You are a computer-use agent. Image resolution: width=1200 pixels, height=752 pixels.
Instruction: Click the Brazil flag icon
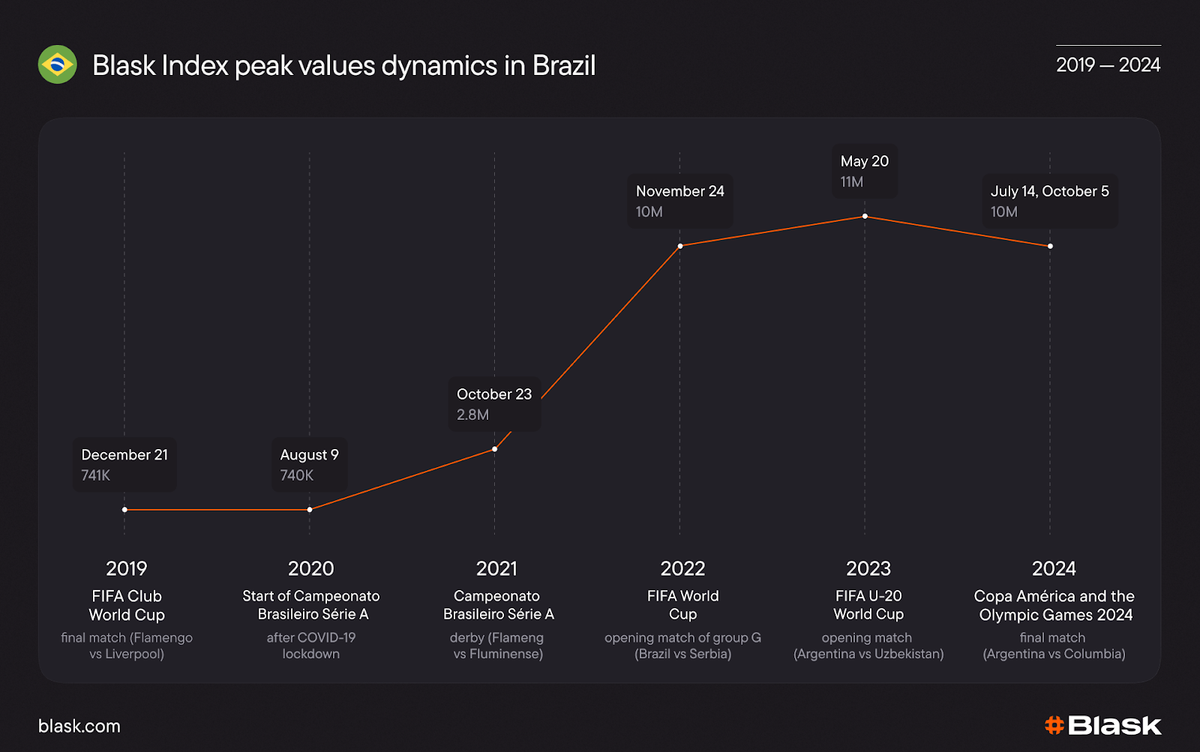(x=58, y=64)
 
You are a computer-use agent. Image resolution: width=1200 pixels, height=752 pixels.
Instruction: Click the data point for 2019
(x=124, y=510)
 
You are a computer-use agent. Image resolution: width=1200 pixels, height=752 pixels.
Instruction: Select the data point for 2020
(x=310, y=510)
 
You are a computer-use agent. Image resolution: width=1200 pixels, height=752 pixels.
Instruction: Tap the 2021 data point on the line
(x=495, y=449)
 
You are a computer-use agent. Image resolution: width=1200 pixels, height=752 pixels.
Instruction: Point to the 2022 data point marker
(x=680, y=246)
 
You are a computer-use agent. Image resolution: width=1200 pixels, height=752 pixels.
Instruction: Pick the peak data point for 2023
(x=865, y=216)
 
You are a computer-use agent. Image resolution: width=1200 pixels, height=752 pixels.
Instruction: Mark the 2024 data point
(x=1050, y=246)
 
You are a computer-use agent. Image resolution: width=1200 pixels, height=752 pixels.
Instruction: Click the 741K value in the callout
(x=96, y=475)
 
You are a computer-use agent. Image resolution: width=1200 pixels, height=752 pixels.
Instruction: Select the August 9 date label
(x=309, y=455)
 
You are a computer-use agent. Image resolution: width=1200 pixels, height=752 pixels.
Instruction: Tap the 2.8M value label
(x=472, y=415)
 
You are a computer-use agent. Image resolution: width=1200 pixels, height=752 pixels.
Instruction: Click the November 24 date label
(x=680, y=191)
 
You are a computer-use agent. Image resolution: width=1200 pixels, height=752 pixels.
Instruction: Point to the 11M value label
(x=852, y=181)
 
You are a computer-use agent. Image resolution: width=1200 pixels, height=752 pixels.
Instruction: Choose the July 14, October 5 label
(x=1049, y=191)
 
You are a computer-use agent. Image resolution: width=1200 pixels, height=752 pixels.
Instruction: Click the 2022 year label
(x=682, y=568)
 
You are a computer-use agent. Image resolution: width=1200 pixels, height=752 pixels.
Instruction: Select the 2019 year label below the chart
(x=126, y=568)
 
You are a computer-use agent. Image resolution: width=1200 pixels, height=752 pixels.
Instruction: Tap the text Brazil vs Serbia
(x=682, y=654)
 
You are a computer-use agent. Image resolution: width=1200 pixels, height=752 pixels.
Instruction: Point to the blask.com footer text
(x=79, y=726)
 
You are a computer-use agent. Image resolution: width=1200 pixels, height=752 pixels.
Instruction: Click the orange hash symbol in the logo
(x=1054, y=725)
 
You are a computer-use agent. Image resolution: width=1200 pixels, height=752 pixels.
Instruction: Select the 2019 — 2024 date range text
(x=1108, y=65)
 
